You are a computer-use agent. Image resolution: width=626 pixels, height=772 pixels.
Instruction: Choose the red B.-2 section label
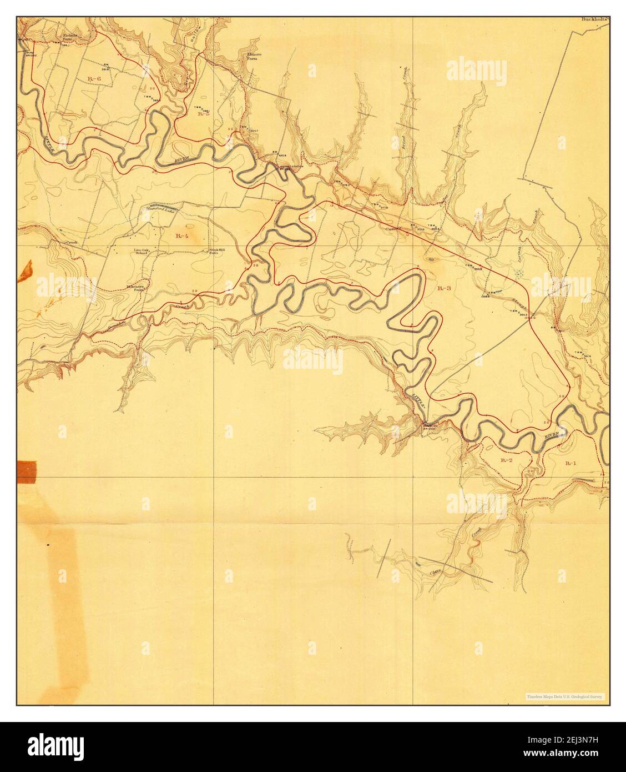(506, 460)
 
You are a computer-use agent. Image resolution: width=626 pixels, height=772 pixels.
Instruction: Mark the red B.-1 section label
(571, 463)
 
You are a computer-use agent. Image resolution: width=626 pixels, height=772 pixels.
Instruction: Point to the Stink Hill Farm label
(216, 252)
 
